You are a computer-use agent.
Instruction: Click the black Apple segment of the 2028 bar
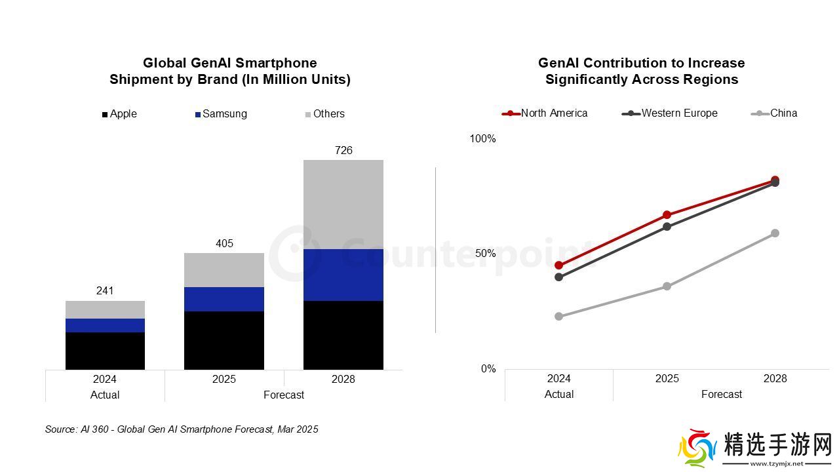tap(343, 335)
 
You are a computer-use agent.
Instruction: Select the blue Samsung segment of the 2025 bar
tap(224, 299)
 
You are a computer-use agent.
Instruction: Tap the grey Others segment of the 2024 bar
tap(105, 309)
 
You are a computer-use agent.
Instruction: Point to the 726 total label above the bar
tap(343, 151)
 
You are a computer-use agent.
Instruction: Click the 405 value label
tap(224, 244)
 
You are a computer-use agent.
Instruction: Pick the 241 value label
tap(105, 291)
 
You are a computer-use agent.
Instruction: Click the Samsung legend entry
tap(221, 114)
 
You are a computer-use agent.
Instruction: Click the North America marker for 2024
tap(558, 265)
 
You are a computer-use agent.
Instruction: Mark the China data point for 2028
tap(775, 233)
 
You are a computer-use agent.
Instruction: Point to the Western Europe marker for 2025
tap(667, 227)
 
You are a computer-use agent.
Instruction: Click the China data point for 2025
tap(667, 286)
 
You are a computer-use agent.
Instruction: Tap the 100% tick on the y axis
tap(483, 139)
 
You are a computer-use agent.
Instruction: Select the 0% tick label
tap(488, 369)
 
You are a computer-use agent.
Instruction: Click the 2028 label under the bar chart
tap(343, 380)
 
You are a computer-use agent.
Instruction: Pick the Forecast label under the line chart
tap(722, 395)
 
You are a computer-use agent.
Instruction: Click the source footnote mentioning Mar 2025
tap(182, 429)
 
